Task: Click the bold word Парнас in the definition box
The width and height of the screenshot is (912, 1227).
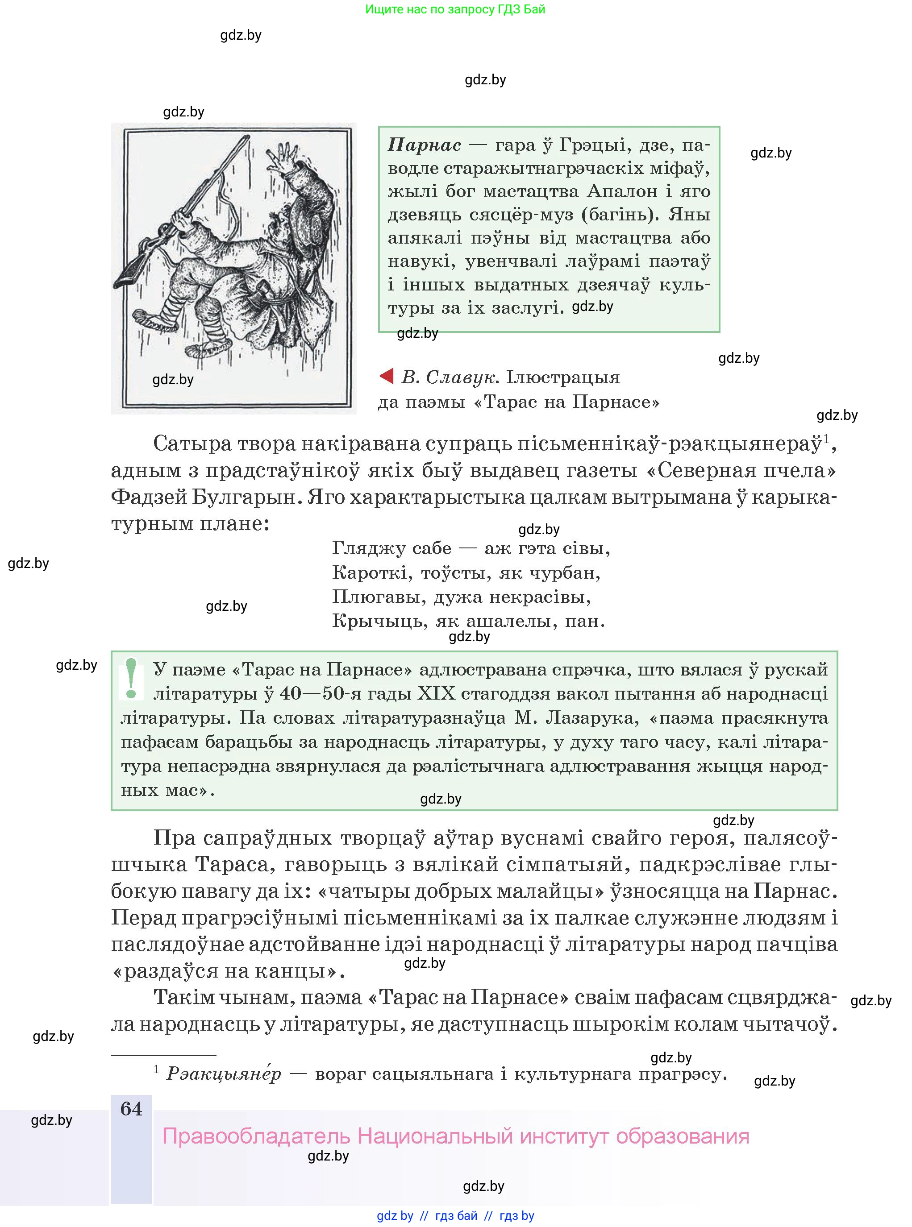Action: click(x=424, y=145)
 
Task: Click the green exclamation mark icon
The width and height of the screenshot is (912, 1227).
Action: click(x=131, y=679)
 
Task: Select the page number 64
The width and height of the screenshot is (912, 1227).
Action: click(x=131, y=1109)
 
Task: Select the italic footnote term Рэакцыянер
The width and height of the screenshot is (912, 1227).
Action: click(x=224, y=1074)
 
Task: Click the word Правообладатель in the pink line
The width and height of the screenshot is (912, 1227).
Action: click(x=256, y=1136)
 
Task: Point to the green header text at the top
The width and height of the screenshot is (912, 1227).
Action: click(x=455, y=9)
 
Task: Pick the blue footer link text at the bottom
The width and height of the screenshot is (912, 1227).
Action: click(x=455, y=1216)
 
